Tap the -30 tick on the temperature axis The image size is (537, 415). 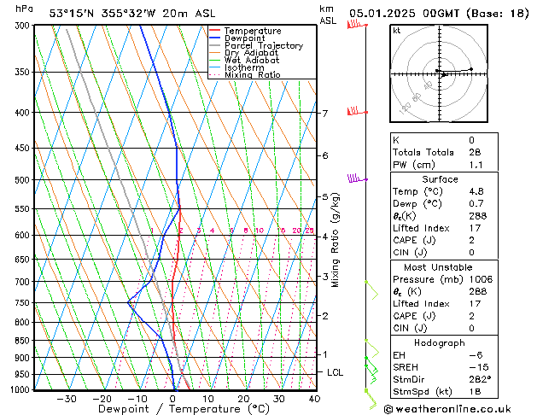(67, 398)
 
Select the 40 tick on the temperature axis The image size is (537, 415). (314, 398)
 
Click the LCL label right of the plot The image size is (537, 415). (336, 372)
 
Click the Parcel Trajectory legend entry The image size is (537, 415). (263, 45)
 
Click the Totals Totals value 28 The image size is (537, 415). (471, 152)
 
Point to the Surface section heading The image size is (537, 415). (441, 179)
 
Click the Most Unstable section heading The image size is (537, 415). (441, 266)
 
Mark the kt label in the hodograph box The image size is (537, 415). (397, 30)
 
